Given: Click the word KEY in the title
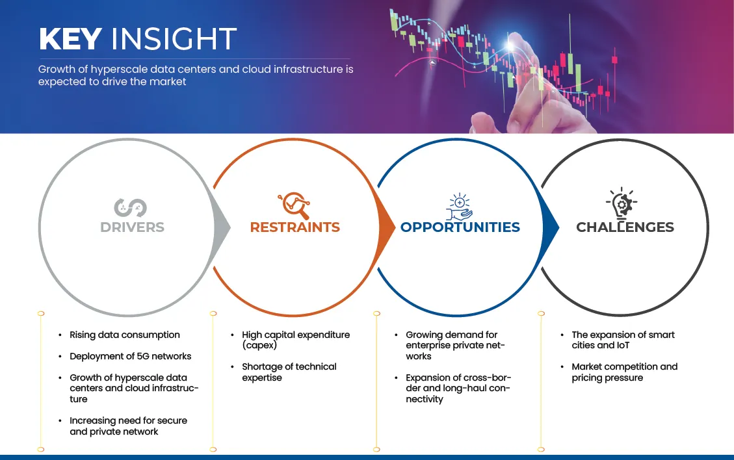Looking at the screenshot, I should (71, 40).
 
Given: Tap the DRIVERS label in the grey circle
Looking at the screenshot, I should (132, 227).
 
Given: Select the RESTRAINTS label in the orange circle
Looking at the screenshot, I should (295, 227).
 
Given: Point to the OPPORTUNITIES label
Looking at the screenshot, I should (460, 227).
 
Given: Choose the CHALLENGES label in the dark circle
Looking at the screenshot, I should (625, 227).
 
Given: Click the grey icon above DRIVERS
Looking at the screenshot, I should (131, 207).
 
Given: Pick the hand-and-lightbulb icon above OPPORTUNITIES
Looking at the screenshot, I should (459, 206).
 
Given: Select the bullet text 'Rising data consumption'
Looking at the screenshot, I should (124, 335).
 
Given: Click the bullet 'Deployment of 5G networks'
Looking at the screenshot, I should (130, 357).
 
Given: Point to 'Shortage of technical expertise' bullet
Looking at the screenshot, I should (289, 372).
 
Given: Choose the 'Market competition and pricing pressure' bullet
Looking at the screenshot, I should (624, 372).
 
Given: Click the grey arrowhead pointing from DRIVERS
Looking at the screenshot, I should (224, 227).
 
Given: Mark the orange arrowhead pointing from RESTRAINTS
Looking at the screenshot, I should (388, 227).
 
